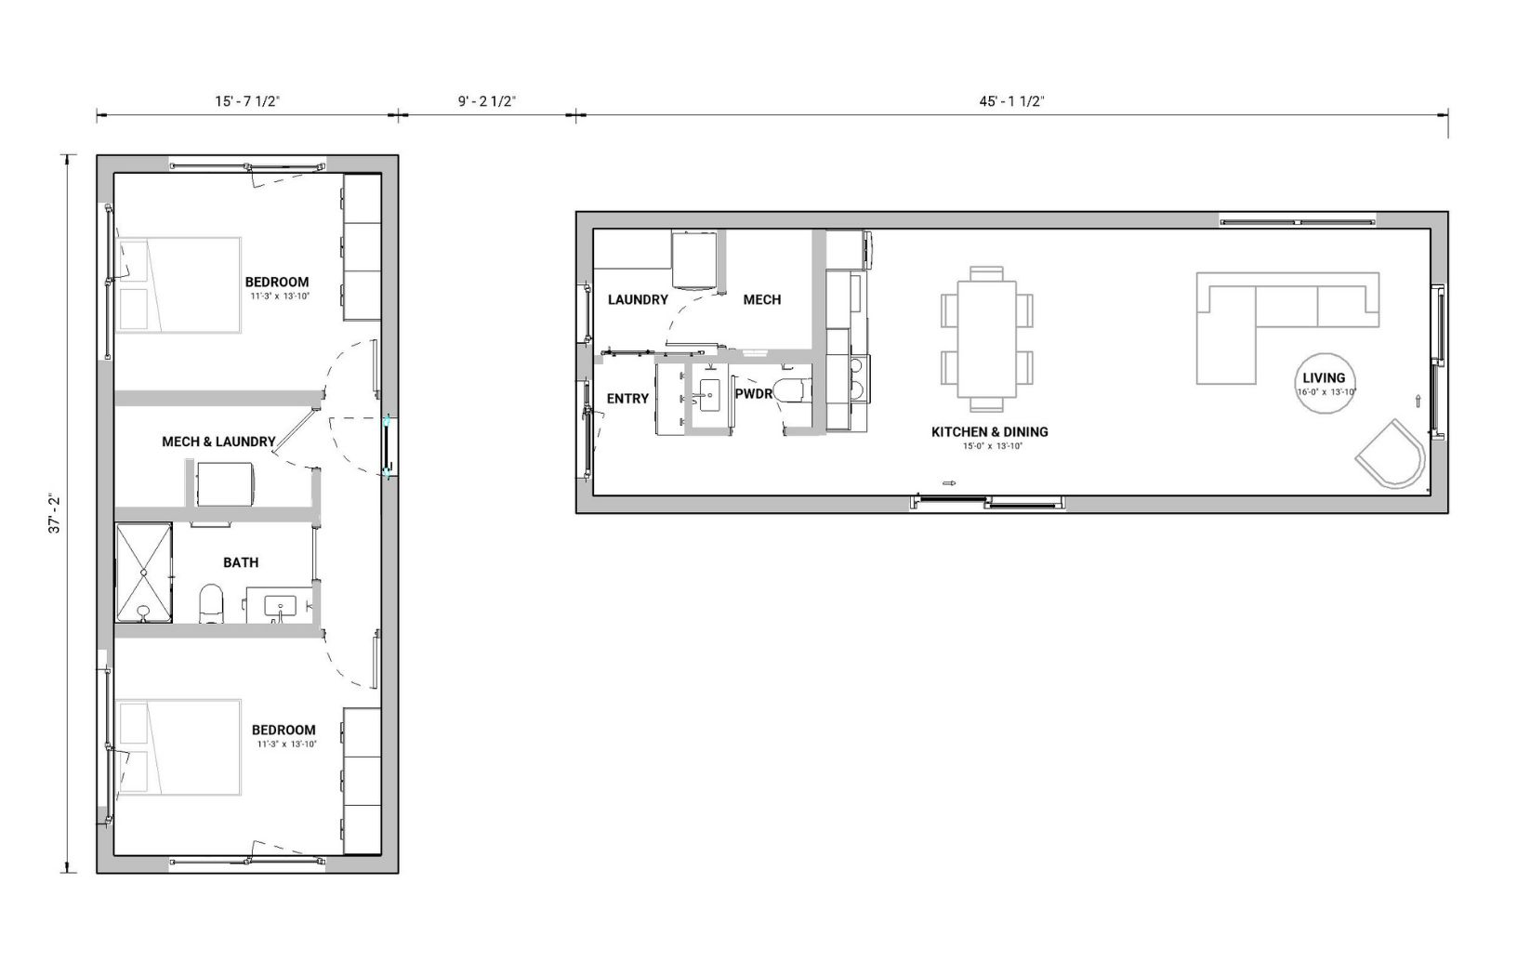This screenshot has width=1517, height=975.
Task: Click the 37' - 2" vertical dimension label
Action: tap(54, 515)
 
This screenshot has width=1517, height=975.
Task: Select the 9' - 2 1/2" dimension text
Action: tap(487, 101)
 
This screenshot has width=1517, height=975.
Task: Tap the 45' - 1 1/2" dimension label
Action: tap(1011, 101)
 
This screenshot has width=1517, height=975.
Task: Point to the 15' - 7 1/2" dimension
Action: tap(247, 101)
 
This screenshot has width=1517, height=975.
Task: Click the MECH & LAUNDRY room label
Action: tap(218, 442)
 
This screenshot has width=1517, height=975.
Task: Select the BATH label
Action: tap(241, 562)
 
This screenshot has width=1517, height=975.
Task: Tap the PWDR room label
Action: tap(754, 394)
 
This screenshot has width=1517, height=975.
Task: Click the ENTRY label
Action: tap(627, 399)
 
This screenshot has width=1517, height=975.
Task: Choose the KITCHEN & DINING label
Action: tap(989, 432)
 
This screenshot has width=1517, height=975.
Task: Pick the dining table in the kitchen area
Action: tap(987, 339)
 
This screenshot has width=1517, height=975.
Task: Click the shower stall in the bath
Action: tap(143, 573)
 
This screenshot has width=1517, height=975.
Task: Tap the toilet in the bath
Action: tap(211, 604)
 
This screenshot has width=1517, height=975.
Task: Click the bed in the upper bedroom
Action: tap(178, 285)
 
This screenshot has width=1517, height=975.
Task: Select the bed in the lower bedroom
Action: tap(178, 747)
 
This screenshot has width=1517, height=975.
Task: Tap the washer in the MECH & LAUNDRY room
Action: tap(225, 484)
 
